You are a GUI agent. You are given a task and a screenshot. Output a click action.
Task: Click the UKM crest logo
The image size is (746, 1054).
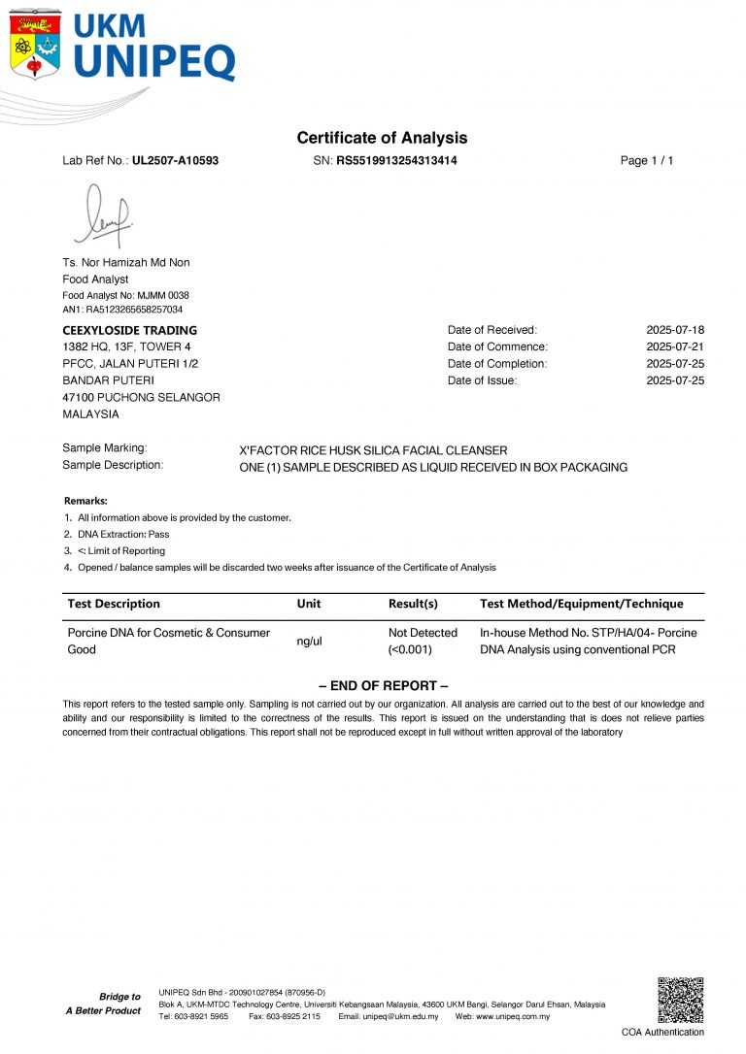[x=35, y=44]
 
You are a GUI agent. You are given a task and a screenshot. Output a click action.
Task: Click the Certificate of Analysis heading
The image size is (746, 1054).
[x=382, y=138]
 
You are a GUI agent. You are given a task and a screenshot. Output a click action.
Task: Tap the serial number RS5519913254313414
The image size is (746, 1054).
[x=396, y=161]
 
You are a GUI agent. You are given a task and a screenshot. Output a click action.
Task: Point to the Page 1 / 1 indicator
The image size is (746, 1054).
[x=646, y=161]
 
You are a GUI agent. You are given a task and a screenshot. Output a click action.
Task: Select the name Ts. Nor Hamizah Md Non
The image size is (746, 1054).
[x=125, y=263]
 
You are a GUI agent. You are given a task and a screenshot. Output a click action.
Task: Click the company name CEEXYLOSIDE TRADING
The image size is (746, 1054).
[x=129, y=330]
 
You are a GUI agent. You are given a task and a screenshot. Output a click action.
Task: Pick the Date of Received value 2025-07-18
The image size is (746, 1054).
[x=675, y=330]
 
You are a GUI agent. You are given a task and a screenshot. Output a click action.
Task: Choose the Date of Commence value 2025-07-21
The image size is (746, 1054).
[x=675, y=346]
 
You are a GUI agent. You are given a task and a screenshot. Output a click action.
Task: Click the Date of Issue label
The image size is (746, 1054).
[x=482, y=380]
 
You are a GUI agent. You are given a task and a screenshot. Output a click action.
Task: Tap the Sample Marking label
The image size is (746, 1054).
[x=104, y=448]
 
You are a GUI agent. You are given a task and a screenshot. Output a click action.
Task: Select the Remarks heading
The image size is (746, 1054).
[x=85, y=501]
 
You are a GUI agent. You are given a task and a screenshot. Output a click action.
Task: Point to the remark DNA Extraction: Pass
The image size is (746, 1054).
[x=122, y=535]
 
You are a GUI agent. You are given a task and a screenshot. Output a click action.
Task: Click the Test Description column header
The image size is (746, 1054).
[x=114, y=604]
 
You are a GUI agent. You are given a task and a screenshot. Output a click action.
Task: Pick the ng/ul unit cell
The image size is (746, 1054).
[x=309, y=642]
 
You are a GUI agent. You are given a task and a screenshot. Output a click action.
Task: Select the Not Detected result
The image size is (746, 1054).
[x=423, y=633]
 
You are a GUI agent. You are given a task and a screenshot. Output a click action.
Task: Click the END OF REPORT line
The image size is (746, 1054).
[x=383, y=686]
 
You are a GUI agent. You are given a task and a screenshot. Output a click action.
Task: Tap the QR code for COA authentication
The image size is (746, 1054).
[x=679, y=999]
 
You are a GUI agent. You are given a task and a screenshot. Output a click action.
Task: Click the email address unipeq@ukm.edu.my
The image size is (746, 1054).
[x=401, y=1016]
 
